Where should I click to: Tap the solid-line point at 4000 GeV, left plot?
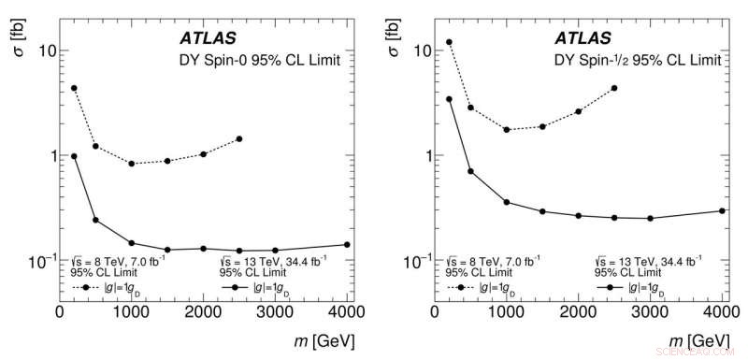(347, 245)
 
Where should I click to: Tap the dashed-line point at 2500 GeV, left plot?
(239, 139)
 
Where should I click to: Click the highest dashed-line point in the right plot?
(449, 42)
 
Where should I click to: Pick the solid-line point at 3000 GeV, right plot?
(650, 218)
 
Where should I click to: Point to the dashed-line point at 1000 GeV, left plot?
(132, 164)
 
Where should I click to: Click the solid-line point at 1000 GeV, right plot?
(507, 202)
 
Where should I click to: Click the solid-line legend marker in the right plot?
(610, 288)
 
